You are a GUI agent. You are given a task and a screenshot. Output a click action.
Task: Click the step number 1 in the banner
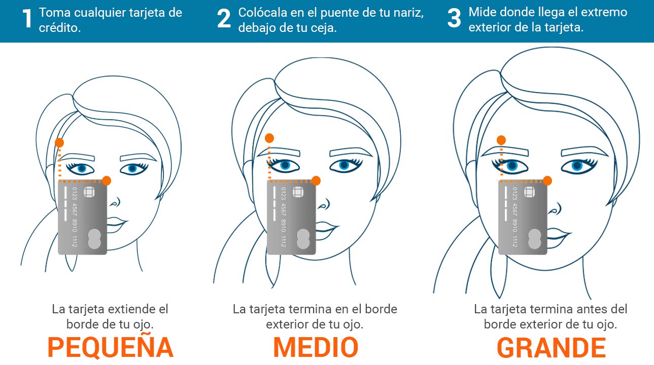click(27, 18)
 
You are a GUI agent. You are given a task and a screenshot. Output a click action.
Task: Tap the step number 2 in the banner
click(224, 18)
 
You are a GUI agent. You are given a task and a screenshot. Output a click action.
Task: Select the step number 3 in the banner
click(454, 18)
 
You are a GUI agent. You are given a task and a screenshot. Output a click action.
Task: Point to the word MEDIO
click(316, 347)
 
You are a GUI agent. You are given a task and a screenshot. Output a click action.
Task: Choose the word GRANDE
click(551, 347)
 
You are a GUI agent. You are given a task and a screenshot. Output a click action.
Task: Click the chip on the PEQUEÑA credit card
click(89, 192)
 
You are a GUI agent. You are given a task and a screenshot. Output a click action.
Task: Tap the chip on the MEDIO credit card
click(298, 192)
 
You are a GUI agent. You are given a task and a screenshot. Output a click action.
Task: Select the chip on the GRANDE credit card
click(529, 192)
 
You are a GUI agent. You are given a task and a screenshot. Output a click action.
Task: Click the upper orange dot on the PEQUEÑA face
click(59, 142)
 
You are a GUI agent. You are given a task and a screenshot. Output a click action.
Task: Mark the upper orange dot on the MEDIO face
click(269, 138)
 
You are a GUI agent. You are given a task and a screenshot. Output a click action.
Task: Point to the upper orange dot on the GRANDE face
click(501, 140)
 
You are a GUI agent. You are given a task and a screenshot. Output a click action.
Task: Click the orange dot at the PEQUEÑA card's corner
click(107, 180)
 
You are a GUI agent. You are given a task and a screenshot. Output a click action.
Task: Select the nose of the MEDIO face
click(324, 204)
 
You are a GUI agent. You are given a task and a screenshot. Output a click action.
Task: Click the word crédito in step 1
click(59, 28)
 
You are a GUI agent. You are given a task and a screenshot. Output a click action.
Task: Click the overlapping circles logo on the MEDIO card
click(303, 239)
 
